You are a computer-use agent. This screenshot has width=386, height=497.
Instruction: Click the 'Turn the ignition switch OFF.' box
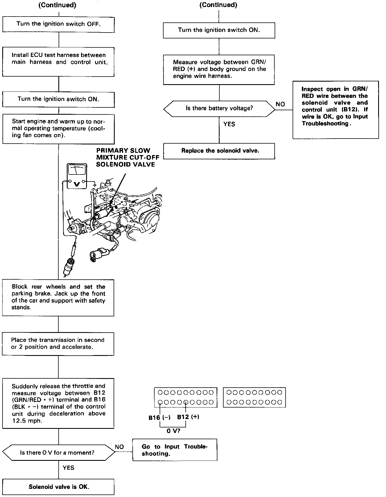(58, 24)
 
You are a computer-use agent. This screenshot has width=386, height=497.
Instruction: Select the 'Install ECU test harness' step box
(58, 62)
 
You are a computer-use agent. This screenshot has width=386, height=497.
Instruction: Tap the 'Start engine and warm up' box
(58, 128)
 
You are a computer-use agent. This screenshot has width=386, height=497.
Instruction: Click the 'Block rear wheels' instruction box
(58, 297)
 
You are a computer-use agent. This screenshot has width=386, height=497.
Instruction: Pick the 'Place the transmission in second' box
(58, 344)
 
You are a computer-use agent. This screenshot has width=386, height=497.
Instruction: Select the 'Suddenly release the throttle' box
(58, 403)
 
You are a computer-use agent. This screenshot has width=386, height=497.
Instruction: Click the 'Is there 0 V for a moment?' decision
(58, 452)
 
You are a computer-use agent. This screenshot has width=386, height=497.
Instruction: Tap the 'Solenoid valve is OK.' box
(58, 487)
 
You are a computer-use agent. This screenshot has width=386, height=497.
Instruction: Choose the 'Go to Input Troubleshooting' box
(174, 450)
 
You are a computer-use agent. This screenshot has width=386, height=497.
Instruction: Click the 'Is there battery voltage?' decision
(219, 109)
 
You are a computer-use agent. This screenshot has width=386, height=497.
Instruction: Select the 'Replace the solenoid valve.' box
(219, 151)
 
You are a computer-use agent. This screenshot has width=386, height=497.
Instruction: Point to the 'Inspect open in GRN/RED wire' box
(336, 110)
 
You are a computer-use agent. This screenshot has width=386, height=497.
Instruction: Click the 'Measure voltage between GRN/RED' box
(219, 69)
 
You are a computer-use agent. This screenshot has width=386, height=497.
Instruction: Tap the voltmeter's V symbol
(76, 184)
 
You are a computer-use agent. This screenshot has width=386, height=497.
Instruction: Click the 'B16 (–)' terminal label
(159, 418)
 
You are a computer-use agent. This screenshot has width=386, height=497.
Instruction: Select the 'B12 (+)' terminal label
(188, 417)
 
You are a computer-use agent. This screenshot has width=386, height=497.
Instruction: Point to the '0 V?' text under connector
(173, 431)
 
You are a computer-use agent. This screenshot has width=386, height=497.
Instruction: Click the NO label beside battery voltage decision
(280, 104)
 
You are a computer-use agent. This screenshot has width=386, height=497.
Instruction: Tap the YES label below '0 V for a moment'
(68, 468)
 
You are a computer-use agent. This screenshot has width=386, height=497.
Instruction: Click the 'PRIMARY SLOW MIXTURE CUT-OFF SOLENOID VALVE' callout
(128, 157)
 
